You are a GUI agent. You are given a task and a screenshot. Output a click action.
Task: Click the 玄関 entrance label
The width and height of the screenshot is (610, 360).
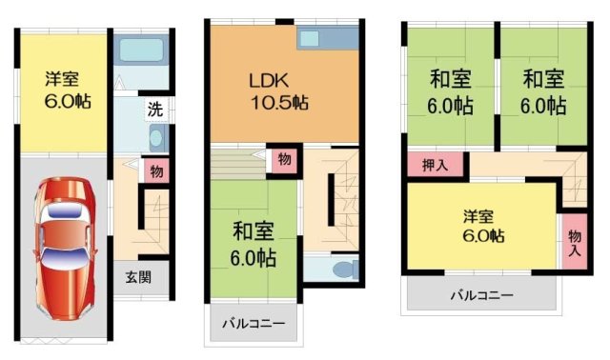point(139,277)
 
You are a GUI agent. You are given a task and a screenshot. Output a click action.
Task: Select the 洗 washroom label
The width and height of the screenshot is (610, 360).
point(153,109)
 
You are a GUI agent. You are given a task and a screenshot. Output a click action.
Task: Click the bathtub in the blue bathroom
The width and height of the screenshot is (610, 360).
point(141,49)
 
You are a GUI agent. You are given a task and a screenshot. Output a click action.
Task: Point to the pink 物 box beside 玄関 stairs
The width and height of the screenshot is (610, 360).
point(155,171)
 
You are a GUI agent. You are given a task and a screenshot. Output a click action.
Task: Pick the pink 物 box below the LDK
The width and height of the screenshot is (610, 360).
point(284,159)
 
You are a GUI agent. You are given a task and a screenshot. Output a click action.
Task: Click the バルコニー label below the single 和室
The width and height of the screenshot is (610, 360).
point(254,324)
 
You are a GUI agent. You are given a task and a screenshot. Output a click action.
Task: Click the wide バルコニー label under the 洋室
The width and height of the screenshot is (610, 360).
point(481,295)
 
